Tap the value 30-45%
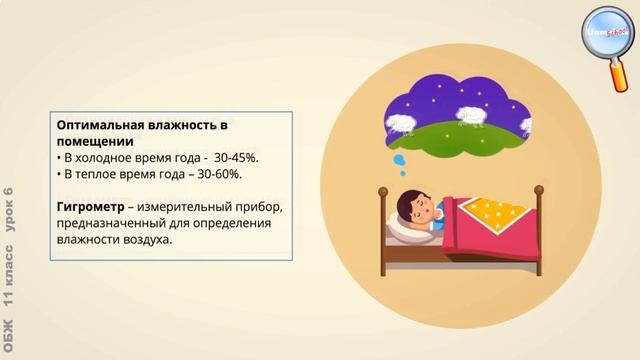pyautogui.click(x=235, y=158)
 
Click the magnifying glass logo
pyautogui.click(x=608, y=36)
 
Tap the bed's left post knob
pyautogui.click(x=383, y=190)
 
